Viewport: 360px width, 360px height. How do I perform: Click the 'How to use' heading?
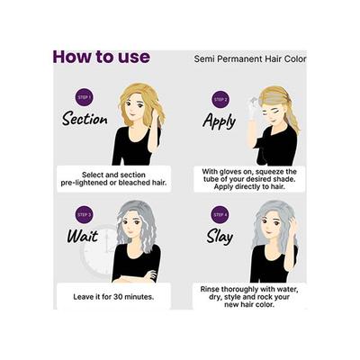[101, 58]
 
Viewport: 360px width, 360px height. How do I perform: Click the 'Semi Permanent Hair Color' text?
[250, 59]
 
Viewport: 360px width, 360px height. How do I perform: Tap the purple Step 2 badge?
[220, 99]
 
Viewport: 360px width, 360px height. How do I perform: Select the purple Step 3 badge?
[84, 215]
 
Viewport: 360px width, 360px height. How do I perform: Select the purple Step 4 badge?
[220, 215]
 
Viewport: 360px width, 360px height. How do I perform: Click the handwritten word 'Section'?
[85, 120]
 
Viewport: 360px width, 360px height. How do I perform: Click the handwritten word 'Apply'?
[219, 120]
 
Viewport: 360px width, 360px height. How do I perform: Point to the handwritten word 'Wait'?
[82, 237]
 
